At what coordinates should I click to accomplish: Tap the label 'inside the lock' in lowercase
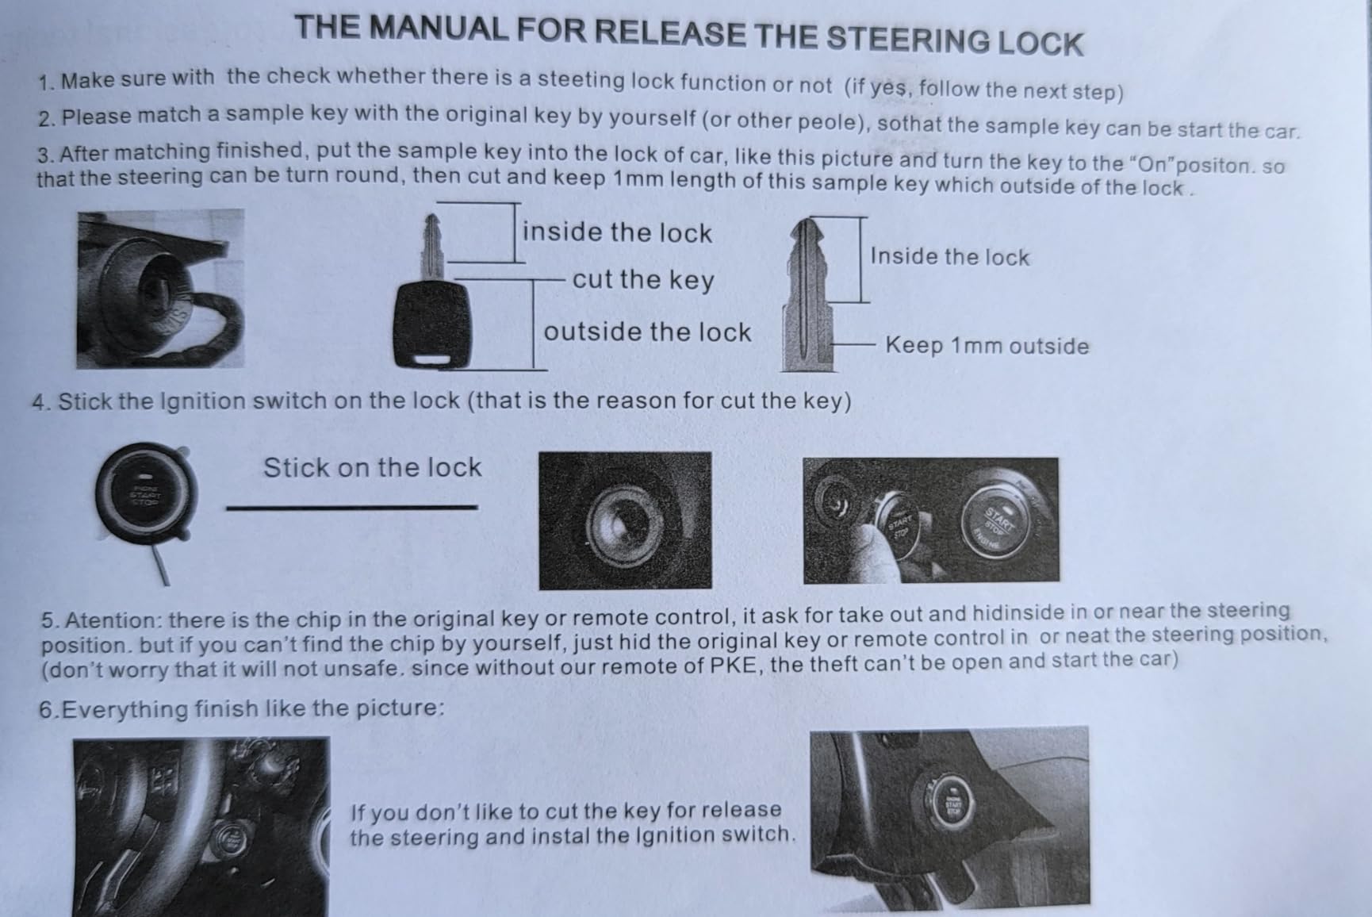click(x=617, y=232)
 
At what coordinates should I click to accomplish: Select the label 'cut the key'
click(x=643, y=279)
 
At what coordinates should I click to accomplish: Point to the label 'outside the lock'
click(x=647, y=332)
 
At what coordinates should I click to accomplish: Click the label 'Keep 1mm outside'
click(x=987, y=346)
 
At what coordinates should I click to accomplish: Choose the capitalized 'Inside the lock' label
click(x=949, y=256)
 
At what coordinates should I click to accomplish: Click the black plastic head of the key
click(x=432, y=324)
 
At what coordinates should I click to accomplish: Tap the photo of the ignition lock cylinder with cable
click(x=160, y=289)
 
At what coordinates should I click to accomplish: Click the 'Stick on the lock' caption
click(x=372, y=467)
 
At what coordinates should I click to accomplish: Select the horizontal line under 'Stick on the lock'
click(x=351, y=507)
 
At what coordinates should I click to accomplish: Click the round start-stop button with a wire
click(x=145, y=495)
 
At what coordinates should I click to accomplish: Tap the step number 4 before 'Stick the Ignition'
click(x=40, y=402)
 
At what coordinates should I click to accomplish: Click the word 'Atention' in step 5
click(x=113, y=620)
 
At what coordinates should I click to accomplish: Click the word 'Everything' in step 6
click(x=126, y=708)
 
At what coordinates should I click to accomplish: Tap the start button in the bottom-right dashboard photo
click(x=951, y=806)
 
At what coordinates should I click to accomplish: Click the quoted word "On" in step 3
click(x=1155, y=164)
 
